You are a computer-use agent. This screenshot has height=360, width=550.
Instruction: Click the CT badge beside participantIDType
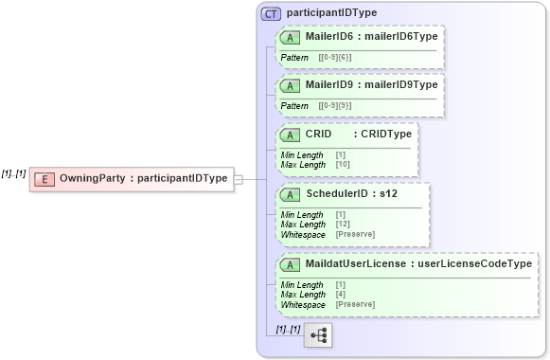click(271, 13)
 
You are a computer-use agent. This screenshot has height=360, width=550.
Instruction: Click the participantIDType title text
click(331, 13)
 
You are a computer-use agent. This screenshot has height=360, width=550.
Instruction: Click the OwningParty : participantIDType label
click(143, 178)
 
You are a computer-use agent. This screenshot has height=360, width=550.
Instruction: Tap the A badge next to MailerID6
click(291, 37)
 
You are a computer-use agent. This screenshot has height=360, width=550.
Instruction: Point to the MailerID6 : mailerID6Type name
click(372, 37)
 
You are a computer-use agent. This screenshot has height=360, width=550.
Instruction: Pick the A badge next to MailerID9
click(291, 84)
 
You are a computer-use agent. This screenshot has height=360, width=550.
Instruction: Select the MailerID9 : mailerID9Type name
click(372, 84)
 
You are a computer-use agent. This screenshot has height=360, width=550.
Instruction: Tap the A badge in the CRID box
click(291, 135)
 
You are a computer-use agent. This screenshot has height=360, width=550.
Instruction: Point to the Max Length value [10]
click(343, 165)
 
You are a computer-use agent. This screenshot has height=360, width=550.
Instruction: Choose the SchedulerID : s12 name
click(359, 194)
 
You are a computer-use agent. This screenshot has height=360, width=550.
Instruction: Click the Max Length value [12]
click(343, 225)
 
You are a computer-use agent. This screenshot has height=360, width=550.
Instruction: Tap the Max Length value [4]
click(341, 295)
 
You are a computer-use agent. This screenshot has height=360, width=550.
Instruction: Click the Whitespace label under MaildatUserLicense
click(303, 304)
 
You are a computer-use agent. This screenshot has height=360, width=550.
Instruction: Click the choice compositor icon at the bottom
click(318, 335)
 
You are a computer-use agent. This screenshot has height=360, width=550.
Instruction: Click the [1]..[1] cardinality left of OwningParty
click(14, 173)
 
